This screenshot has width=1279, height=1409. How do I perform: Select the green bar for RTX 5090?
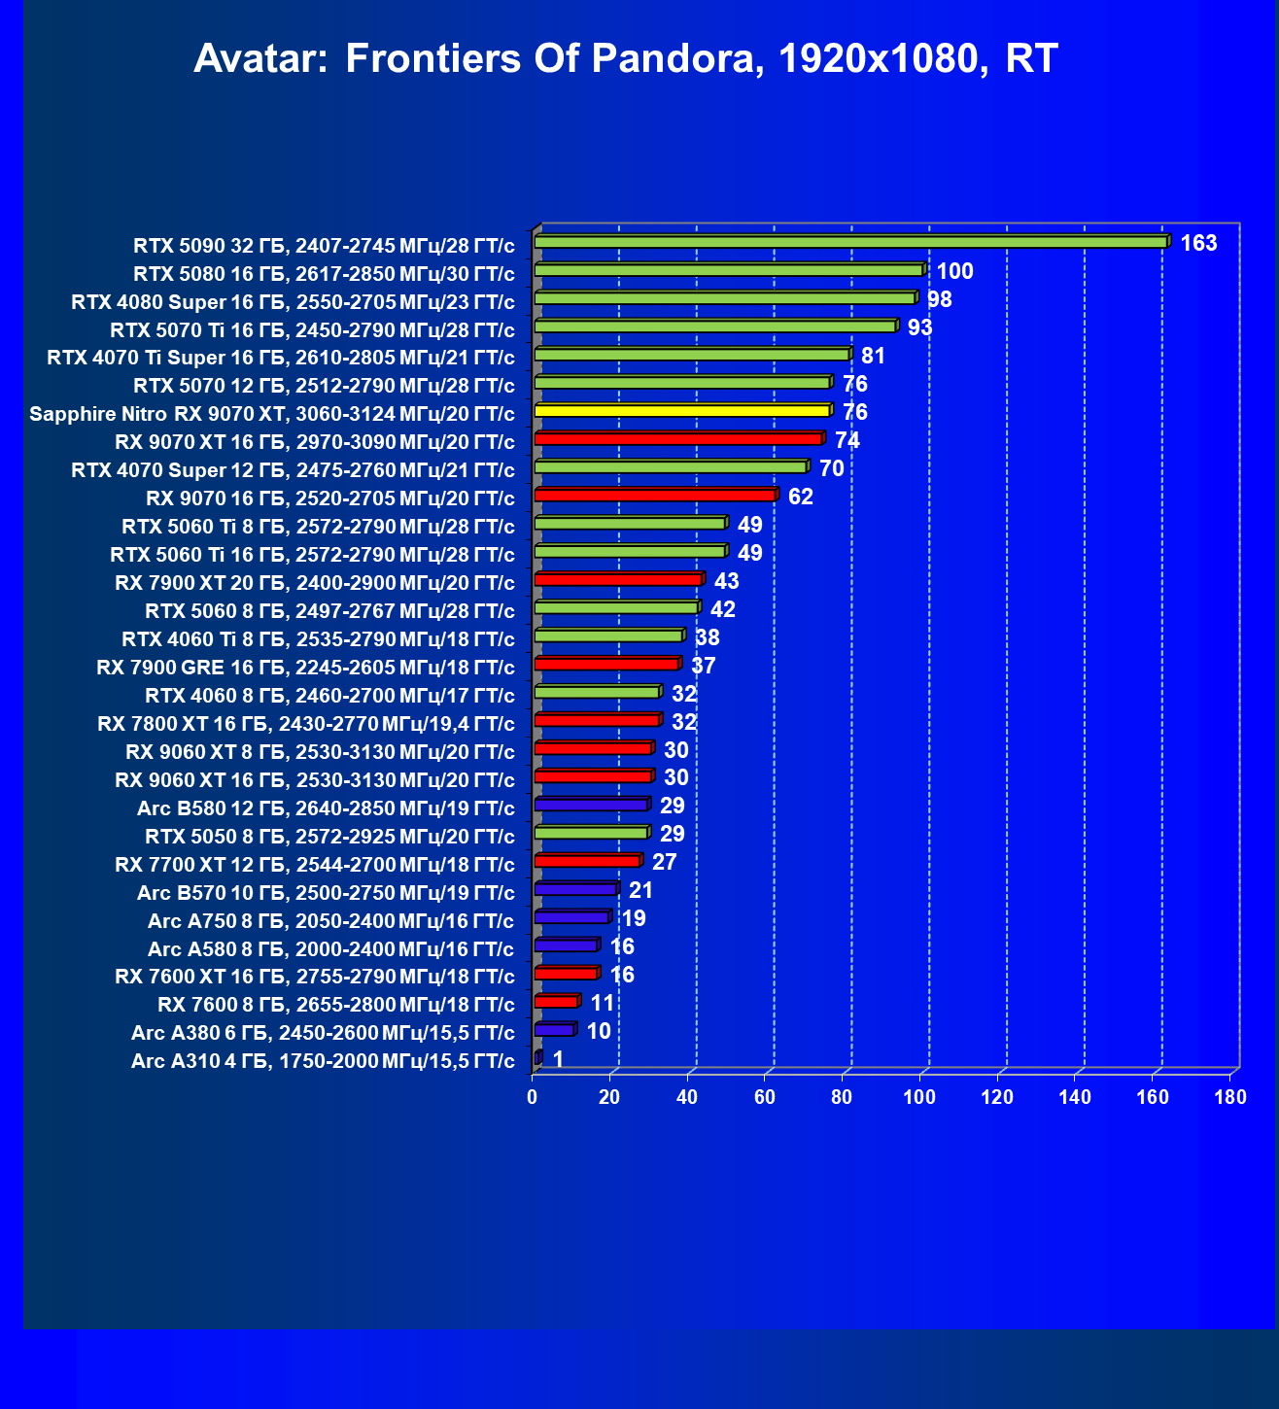(x=850, y=242)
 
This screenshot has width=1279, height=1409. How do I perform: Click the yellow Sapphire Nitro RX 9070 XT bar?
(x=682, y=411)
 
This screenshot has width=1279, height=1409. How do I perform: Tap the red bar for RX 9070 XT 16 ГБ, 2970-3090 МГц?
(x=678, y=439)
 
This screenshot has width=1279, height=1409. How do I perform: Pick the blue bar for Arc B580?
(x=591, y=805)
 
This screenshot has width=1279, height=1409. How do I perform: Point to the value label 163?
(x=1198, y=243)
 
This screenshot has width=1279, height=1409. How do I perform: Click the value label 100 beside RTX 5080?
(x=954, y=271)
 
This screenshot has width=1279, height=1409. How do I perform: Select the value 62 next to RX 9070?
(x=801, y=497)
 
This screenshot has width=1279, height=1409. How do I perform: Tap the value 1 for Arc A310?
(x=558, y=1059)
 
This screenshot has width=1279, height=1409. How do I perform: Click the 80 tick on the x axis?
(x=842, y=1098)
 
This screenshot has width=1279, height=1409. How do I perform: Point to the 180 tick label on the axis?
(x=1230, y=1098)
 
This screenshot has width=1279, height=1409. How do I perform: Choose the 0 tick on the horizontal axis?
(x=532, y=1098)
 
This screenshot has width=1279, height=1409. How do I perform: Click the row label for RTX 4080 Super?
(x=293, y=302)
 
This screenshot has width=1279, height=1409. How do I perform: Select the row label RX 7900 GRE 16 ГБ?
(x=305, y=668)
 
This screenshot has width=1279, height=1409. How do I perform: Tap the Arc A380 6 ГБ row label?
(x=323, y=1032)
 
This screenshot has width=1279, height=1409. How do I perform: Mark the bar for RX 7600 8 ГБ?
(x=556, y=1002)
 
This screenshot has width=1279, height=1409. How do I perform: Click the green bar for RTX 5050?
(x=591, y=833)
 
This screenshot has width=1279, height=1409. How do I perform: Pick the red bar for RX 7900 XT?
(x=618, y=580)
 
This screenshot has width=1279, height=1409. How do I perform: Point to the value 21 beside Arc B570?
(x=640, y=890)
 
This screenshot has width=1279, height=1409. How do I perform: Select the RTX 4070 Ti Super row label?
(x=281, y=359)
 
